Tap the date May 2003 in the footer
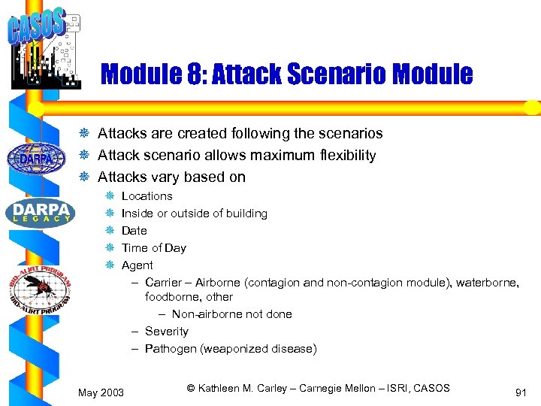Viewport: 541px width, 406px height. (101, 392)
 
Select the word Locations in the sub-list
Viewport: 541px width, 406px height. (147, 196)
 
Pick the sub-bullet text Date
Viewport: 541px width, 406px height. (134, 231)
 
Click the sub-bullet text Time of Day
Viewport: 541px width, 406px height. (153, 248)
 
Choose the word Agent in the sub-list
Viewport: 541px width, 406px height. (137, 265)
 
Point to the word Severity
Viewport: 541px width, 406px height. (167, 332)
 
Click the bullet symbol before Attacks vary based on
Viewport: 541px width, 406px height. (85, 177)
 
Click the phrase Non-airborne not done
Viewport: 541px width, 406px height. (231, 314)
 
